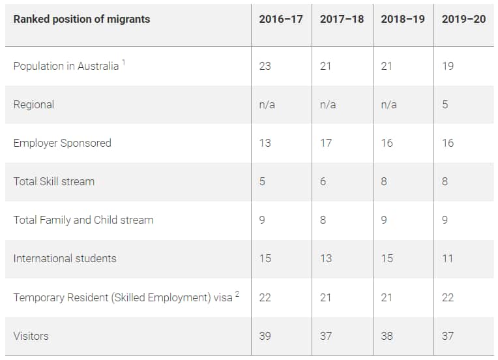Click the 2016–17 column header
(x=280, y=19)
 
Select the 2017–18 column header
(x=342, y=19)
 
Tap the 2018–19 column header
(x=403, y=19)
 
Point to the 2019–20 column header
(x=463, y=19)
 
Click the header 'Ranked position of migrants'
(x=81, y=19)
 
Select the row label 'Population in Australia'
(x=66, y=66)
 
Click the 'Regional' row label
(x=34, y=104)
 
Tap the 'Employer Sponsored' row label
(x=62, y=143)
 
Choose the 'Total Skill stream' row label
(x=53, y=181)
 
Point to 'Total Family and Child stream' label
(x=83, y=220)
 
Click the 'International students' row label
(x=65, y=258)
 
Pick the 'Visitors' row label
(x=31, y=336)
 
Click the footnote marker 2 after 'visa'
(x=237, y=293)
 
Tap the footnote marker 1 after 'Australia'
(x=123, y=63)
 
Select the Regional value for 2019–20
(x=445, y=104)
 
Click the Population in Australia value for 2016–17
(x=265, y=66)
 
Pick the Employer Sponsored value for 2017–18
(x=326, y=143)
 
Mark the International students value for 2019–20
(x=447, y=258)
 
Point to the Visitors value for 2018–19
(x=387, y=336)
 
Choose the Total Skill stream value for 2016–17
(x=262, y=181)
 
